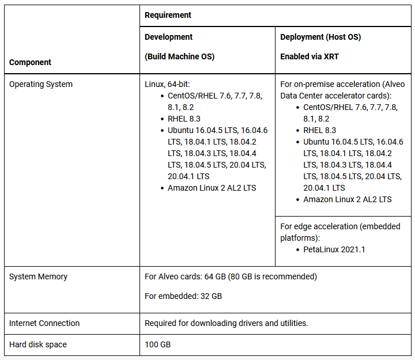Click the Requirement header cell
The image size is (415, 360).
click(168, 15)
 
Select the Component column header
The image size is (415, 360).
click(30, 62)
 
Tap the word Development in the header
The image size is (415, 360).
click(168, 37)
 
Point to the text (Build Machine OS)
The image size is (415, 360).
click(179, 57)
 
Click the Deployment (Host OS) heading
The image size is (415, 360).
click(320, 37)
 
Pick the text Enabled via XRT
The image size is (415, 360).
click(309, 57)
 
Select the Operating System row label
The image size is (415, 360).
click(41, 84)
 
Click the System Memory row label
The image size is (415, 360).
click(38, 276)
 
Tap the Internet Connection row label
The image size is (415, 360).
click(44, 323)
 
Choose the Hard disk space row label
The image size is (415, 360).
click(38, 344)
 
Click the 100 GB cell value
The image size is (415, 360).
click(157, 344)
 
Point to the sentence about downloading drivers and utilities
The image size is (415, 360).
click(226, 323)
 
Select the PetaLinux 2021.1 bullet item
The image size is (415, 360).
click(334, 249)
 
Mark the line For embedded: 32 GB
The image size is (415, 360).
click(183, 296)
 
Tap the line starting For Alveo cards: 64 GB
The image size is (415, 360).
click(231, 276)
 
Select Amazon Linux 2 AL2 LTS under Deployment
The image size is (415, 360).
click(348, 199)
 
